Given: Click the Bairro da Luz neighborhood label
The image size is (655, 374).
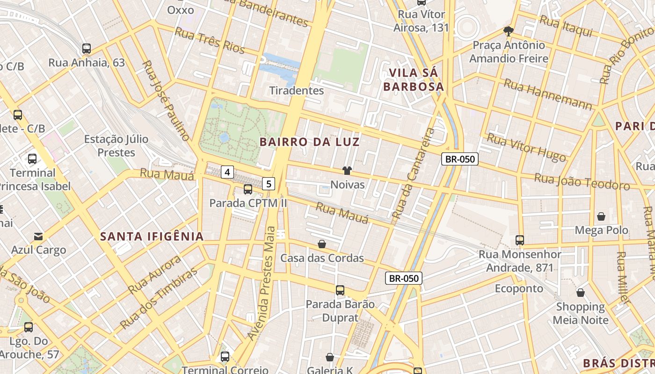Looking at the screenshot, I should (x=310, y=142).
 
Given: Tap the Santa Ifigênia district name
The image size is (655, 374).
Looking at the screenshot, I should (x=152, y=237).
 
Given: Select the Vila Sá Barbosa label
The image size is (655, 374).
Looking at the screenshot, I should (x=413, y=80).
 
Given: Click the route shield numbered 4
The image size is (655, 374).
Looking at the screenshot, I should (x=227, y=172).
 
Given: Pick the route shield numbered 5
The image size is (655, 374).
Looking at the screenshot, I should (x=269, y=184).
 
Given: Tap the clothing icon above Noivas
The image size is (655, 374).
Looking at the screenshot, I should (x=347, y=171).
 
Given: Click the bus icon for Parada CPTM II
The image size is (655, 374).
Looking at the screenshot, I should (x=248, y=189).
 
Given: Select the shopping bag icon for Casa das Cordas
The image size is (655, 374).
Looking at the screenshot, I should (x=322, y=244).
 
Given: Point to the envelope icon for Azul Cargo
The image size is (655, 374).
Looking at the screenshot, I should (x=38, y=237).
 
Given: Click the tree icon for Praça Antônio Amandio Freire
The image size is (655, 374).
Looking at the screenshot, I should (x=509, y=31).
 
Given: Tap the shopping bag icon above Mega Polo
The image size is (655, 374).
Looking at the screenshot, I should (x=601, y=216).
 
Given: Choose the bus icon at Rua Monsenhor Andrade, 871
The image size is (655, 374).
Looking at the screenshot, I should (x=520, y=240).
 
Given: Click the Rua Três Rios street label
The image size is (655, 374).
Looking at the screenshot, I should (x=210, y=40).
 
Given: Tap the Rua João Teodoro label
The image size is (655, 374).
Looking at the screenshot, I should (x=582, y=181).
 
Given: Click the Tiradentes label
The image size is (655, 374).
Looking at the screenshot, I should (x=297, y=90).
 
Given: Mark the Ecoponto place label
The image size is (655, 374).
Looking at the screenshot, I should (x=519, y=288).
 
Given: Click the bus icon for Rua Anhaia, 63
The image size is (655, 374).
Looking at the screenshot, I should (x=87, y=49).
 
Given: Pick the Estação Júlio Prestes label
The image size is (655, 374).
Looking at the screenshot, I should (x=116, y=146).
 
